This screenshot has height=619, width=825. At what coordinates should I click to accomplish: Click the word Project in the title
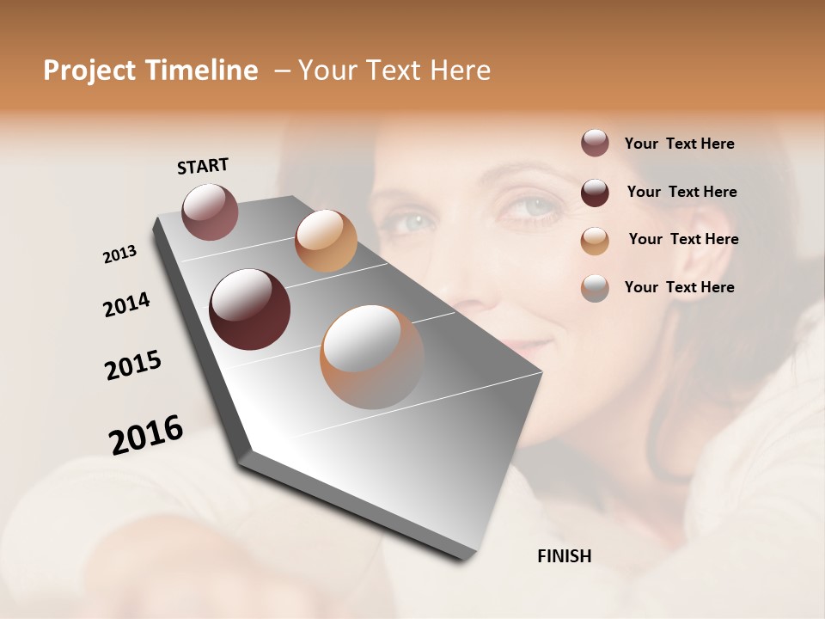pyautogui.click(x=85, y=70)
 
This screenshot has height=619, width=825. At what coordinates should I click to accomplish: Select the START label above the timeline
pyautogui.click(x=203, y=166)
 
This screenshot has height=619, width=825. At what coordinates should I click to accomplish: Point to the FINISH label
pyautogui.click(x=565, y=556)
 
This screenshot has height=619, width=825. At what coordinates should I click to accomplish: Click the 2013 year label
pyautogui.click(x=120, y=254)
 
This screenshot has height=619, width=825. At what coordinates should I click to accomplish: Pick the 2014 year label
pyautogui.click(x=126, y=304)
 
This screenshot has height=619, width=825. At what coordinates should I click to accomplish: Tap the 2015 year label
pyautogui.click(x=133, y=365)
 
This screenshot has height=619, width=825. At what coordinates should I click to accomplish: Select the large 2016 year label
pyautogui.click(x=146, y=435)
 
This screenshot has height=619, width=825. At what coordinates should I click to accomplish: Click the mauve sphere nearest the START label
pyautogui.click(x=210, y=211)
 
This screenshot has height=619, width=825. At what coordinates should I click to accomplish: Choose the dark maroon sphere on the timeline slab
pyautogui.click(x=249, y=309)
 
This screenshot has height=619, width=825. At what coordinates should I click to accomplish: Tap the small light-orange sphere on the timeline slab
pyautogui.click(x=326, y=241)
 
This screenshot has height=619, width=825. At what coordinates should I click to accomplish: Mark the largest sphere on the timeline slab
pyautogui.click(x=372, y=357)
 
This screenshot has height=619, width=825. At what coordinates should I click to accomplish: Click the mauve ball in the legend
pyautogui.click(x=595, y=144)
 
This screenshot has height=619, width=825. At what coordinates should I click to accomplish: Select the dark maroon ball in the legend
pyautogui.click(x=595, y=192)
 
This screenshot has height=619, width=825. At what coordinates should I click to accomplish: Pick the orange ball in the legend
pyautogui.click(x=595, y=240)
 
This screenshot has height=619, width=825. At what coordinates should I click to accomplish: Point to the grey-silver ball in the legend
pyautogui.click(x=595, y=287)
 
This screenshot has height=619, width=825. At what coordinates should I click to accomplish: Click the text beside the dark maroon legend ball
pyautogui.click(x=681, y=192)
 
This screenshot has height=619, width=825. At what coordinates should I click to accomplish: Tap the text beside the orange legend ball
pyautogui.click(x=683, y=239)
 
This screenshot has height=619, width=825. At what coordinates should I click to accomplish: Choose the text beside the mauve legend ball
pyautogui.click(x=679, y=144)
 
